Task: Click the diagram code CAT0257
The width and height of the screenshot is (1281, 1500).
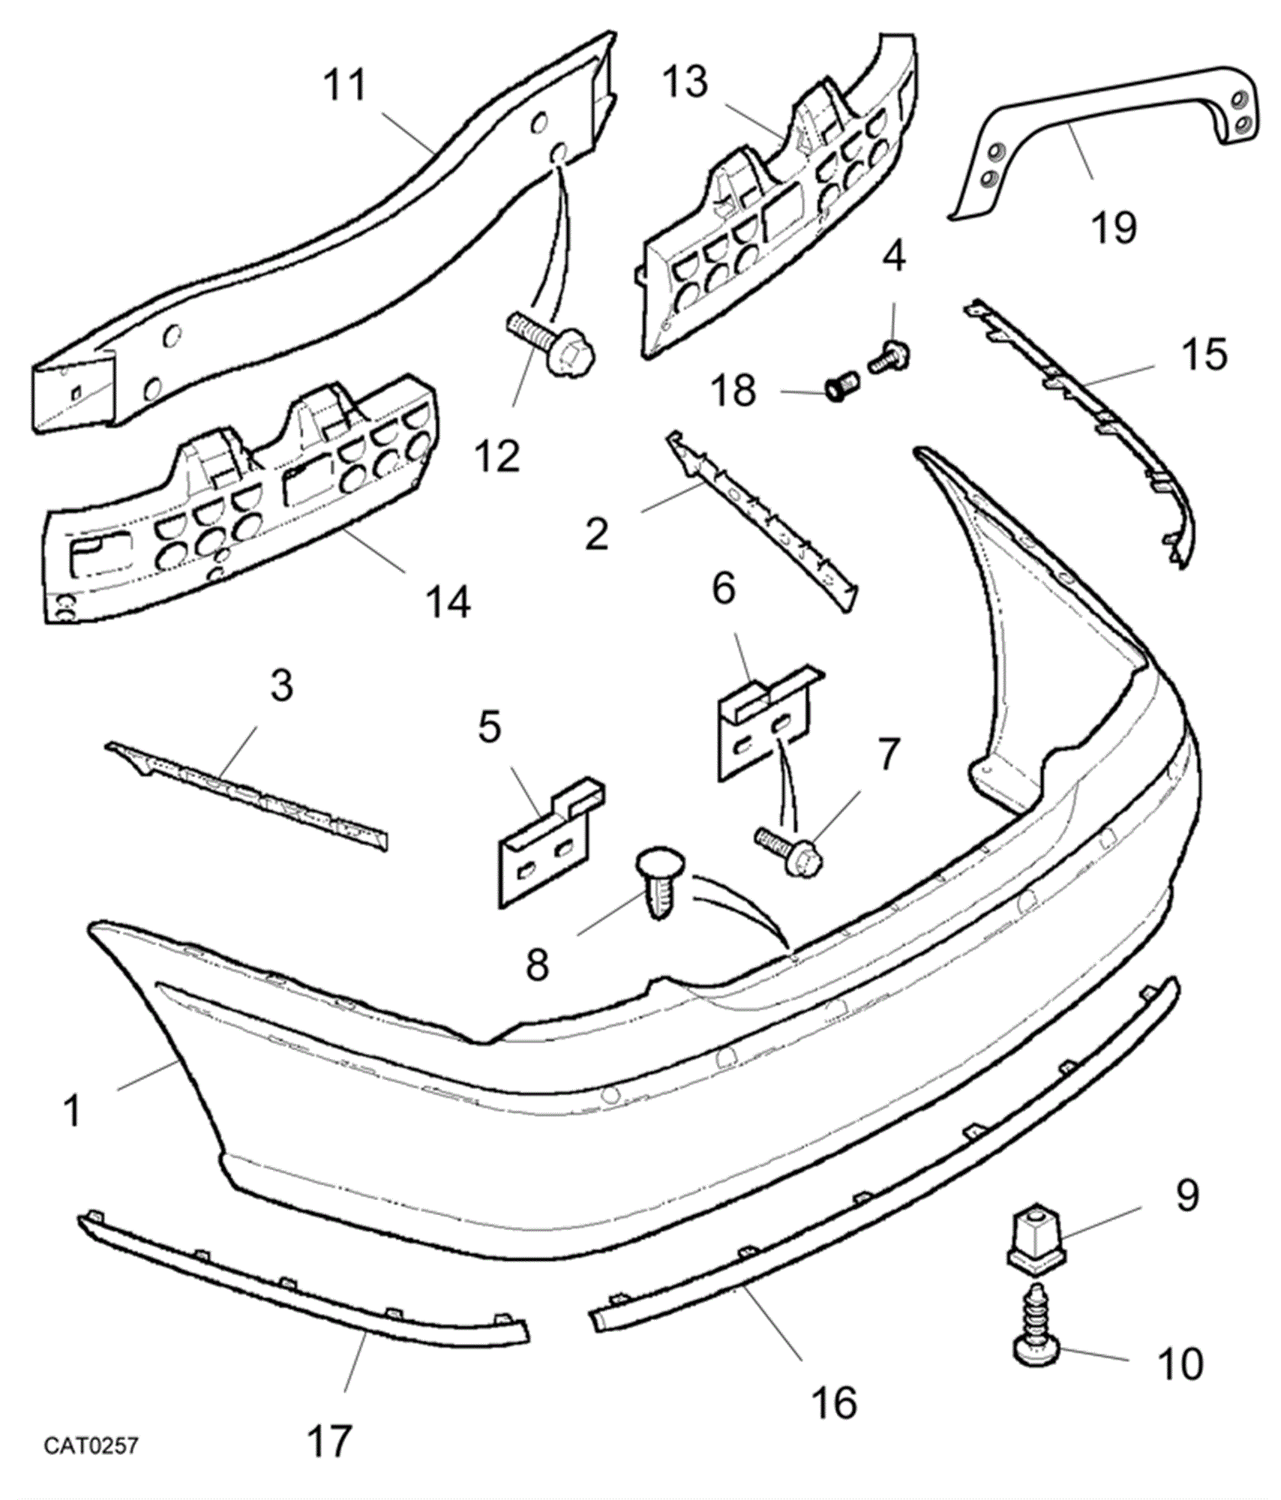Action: click(91, 1445)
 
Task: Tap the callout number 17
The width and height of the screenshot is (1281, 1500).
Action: click(329, 1441)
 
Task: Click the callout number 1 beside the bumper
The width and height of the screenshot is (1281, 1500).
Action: click(72, 1111)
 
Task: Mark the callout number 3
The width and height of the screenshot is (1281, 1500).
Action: click(281, 685)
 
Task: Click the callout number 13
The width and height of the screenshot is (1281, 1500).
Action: click(685, 82)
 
